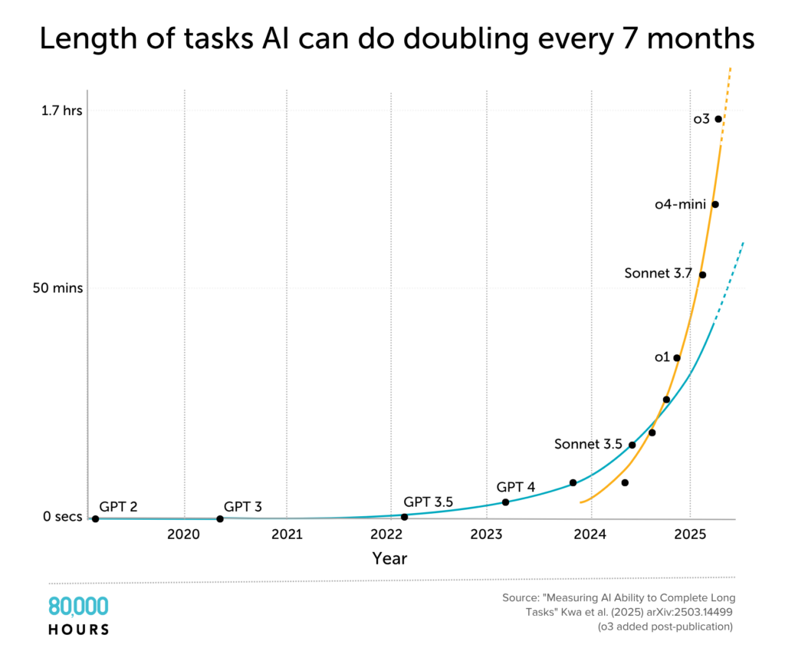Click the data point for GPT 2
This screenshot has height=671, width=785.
(95, 519)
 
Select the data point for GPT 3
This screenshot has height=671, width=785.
(220, 519)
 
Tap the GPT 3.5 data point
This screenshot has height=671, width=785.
(404, 517)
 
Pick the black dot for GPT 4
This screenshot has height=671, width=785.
(505, 502)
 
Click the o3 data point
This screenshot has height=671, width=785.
(718, 119)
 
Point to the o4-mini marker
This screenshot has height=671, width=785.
(715, 204)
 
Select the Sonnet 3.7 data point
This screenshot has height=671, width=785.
(702, 275)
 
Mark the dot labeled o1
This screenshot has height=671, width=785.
(677, 357)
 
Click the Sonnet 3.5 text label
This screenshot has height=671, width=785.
(588, 444)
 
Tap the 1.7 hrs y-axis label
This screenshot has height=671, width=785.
(61, 110)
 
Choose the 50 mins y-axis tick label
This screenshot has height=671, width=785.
(58, 288)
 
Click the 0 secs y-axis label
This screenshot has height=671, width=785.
(61, 517)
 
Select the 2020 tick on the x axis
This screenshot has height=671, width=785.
(184, 534)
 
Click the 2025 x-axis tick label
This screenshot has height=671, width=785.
(690, 534)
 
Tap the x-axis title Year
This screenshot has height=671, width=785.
(389, 558)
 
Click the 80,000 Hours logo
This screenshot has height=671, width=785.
(78, 616)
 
